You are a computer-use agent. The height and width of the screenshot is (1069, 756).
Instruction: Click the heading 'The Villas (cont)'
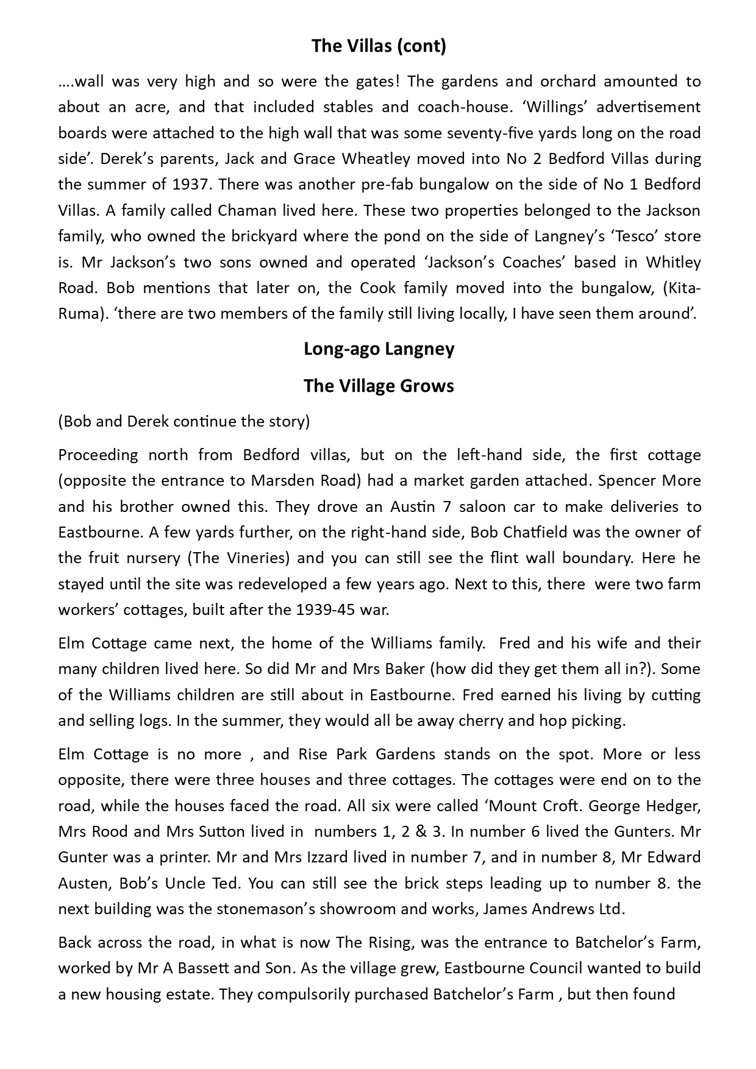(x=378, y=46)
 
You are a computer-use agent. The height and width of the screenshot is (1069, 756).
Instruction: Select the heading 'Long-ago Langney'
(x=378, y=349)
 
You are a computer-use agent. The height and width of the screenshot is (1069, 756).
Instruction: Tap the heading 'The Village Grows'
(x=378, y=386)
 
